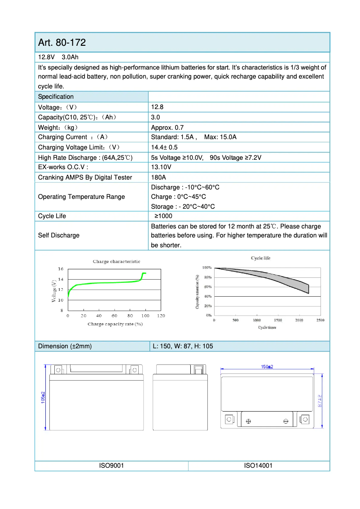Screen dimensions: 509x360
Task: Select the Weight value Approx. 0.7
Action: click(167, 127)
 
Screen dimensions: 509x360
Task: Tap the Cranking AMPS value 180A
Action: click(158, 177)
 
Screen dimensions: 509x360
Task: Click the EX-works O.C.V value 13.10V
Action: click(161, 167)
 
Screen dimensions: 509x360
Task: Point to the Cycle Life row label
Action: click(52, 216)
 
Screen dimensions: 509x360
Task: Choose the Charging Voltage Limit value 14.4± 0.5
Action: click(164, 147)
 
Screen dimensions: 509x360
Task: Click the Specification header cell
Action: click(56, 97)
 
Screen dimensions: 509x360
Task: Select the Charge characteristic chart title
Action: click(116, 261)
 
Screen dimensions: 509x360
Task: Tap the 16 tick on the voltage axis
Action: click(61, 269)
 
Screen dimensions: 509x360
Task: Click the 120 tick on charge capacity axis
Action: click(160, 316)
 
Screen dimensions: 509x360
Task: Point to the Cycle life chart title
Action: click(260, 258)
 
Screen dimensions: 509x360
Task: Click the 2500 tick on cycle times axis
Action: click(320, 320)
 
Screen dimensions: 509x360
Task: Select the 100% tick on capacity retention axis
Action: click(206, 268)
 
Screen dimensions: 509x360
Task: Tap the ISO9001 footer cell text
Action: click(111, 466)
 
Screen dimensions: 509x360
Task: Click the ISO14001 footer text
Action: click(258, 466)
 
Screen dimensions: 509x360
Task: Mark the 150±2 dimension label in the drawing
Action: click(267, 367)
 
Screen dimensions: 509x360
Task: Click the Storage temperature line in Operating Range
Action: click(183, 206)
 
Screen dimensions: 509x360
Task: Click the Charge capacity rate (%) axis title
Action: click(115, 324)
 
